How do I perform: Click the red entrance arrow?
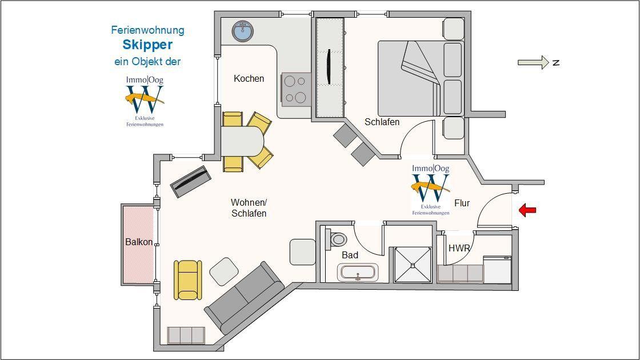527,211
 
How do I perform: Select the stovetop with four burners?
295,89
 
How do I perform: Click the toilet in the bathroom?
338,239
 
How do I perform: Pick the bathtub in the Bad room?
357,272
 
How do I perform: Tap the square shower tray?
411,265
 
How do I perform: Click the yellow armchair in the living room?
187,279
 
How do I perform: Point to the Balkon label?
139,242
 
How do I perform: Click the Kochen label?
249,78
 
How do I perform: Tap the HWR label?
459,248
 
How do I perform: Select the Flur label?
462,203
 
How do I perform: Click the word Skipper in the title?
147,45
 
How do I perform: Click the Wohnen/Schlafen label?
249,208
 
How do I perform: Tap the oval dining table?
242,141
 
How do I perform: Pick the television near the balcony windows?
190,182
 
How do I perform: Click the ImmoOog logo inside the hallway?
431,189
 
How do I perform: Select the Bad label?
350,254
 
